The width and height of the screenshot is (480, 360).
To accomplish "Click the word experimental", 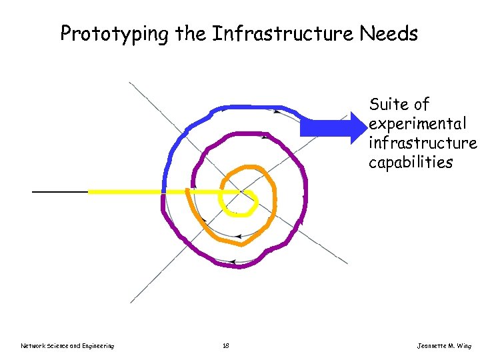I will tap(417, 124).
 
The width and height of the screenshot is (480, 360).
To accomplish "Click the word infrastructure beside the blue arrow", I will tap(423, 143).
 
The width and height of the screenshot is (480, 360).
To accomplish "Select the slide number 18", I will tap(226, 345).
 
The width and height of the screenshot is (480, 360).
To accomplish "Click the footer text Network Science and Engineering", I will tap(67, 345).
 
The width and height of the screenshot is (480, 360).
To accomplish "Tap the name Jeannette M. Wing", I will tap(444, 345).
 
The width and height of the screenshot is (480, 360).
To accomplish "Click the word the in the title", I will tap(191, 33).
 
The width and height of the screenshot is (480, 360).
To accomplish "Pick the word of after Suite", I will tap(421, 105).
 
